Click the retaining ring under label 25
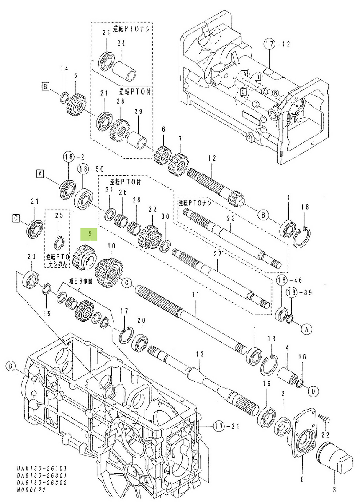(x=60, y=242)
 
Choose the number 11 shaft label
(x=194, y=295)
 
